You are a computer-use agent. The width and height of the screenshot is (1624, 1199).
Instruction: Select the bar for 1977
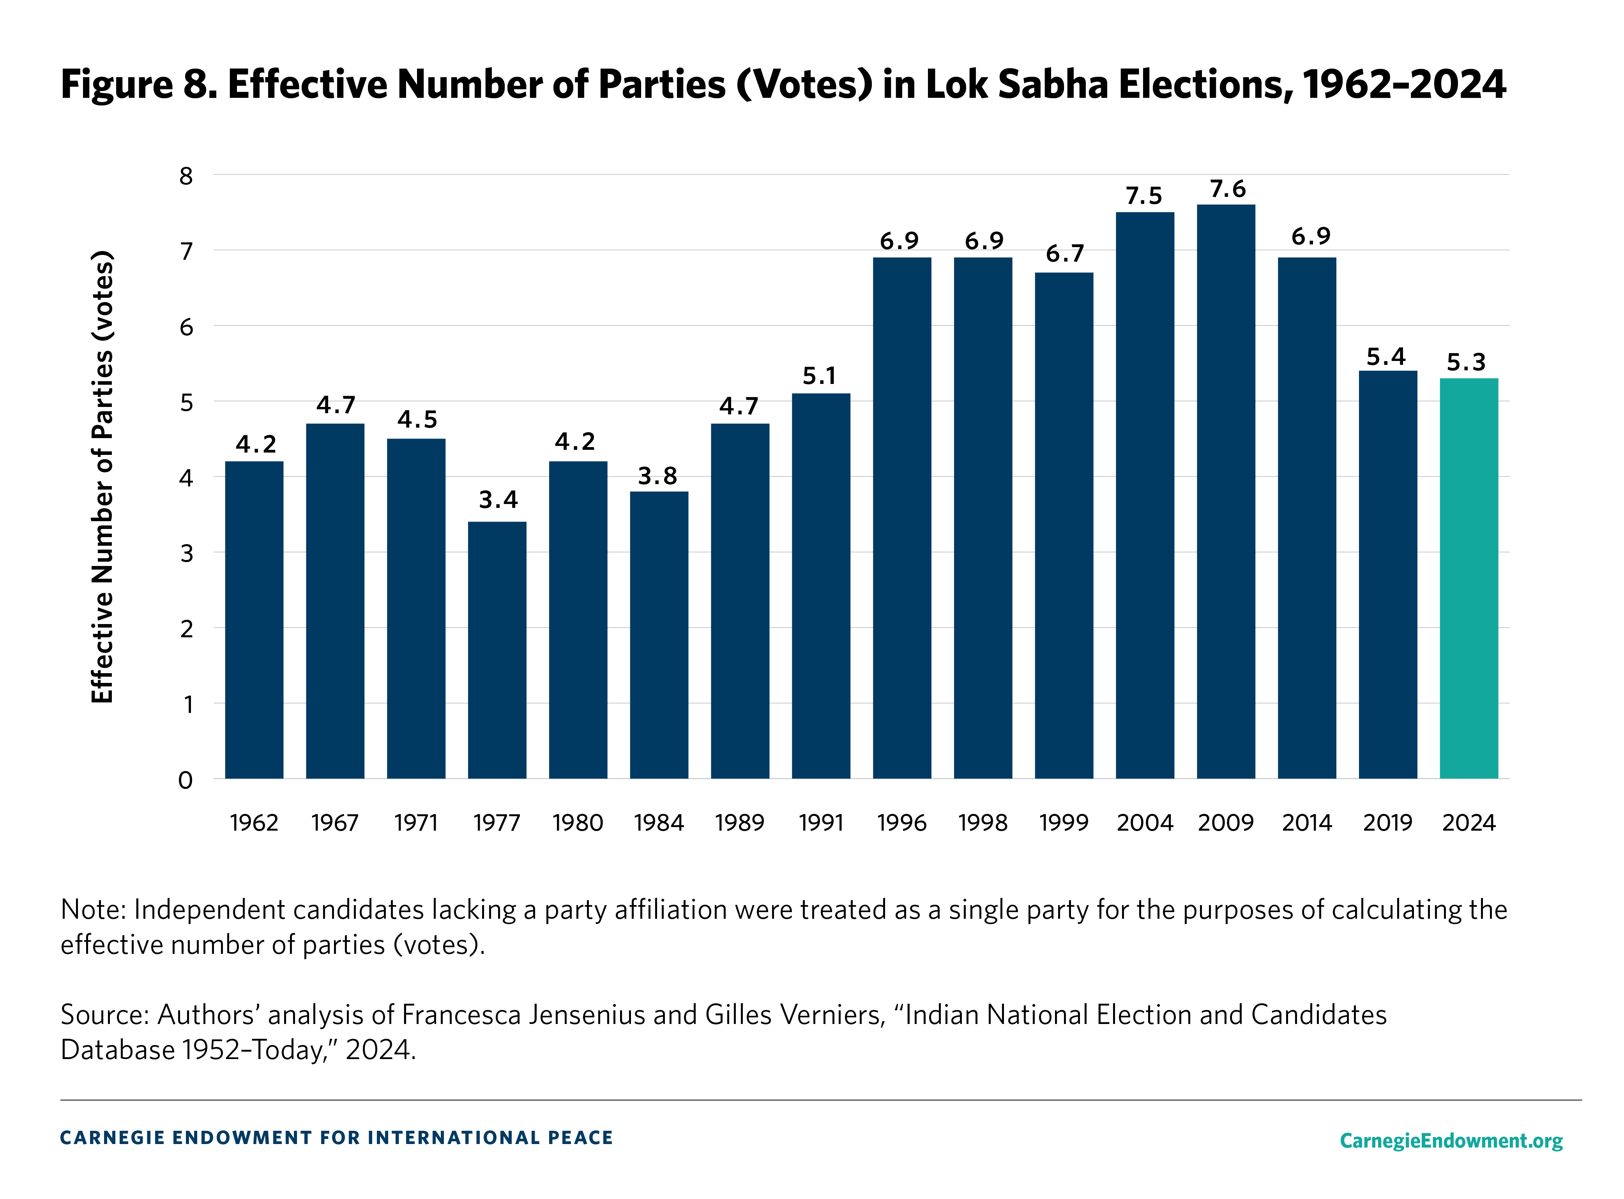point(497,650)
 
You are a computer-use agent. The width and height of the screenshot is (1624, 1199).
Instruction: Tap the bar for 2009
point(1226,492)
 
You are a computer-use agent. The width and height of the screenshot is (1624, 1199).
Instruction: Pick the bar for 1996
point(901,518)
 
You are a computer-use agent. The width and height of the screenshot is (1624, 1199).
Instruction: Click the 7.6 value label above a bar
point(1227,189)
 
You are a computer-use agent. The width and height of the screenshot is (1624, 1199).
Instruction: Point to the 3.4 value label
point(498,500)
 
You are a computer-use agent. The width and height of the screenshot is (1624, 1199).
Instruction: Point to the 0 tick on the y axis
point(186,780)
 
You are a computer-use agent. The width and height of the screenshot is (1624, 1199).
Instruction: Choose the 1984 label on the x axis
point(658,823)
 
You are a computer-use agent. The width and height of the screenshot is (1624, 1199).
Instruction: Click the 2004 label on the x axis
point(1144,823)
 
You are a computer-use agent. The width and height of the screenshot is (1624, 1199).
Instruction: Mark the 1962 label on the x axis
point(254,823)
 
